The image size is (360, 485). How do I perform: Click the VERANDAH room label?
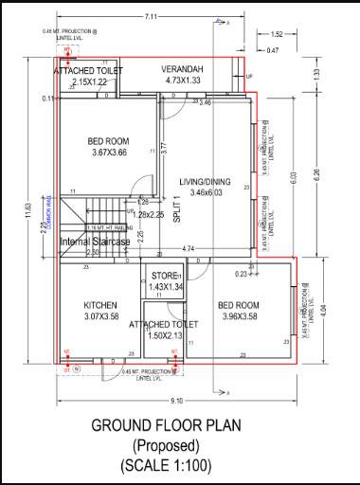(x=187, y=69)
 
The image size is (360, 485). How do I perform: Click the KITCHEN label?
(x=99, y=304)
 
